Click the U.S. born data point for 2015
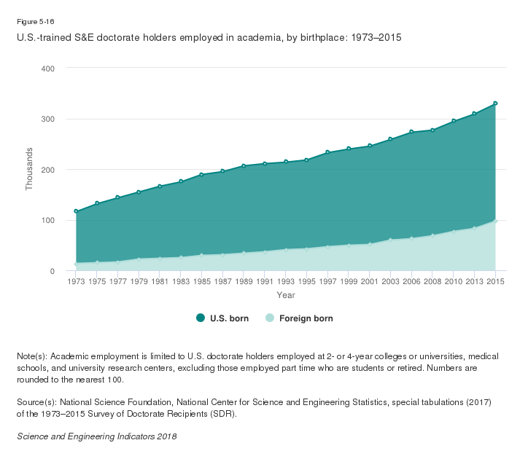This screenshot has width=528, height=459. click(495, 103)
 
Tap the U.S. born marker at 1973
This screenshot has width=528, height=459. click(76, 211)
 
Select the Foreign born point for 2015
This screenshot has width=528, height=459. click(495, 221)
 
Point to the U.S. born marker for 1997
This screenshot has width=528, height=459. click(327, 152)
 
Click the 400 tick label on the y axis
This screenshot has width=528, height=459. click(47, 68)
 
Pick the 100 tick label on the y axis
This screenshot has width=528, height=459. click(47, 221)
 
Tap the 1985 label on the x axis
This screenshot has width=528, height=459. click(201, 281)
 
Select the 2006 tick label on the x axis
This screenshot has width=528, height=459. click(411, 281)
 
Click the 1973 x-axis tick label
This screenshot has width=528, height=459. click(76, 281)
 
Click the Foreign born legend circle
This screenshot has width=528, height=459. click(269, 318)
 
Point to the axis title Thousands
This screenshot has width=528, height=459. click(30, 169)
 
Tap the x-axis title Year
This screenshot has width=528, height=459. click(285, 294)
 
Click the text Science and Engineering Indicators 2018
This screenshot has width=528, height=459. click(96, 436)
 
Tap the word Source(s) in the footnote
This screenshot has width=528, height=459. click(35, 401)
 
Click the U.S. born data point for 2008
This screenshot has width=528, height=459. click(432, 130)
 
